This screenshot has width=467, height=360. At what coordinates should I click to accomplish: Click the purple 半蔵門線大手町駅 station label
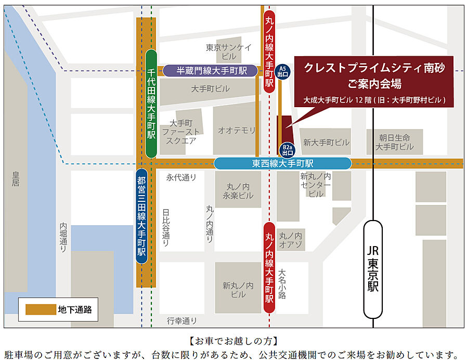point(211,71)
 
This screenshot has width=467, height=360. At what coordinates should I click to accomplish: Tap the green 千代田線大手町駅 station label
point(151,104)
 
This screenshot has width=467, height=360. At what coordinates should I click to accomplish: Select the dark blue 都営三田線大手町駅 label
point(141,215)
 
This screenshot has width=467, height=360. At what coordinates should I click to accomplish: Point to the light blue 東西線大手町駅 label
point(282,163)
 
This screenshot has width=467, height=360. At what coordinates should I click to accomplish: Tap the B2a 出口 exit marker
point(287,150)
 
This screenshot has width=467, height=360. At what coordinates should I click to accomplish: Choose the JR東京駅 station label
point(373,269)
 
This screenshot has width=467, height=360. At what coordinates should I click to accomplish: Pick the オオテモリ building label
point(237,130)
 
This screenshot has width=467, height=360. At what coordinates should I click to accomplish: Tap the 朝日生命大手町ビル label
point(395,142)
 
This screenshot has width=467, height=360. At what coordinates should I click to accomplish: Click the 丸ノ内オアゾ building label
point(291,240)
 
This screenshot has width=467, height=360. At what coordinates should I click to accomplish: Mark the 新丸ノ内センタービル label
point(315,185)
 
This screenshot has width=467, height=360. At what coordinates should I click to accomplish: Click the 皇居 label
point(16,179)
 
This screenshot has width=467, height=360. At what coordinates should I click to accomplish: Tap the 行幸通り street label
point(181,320)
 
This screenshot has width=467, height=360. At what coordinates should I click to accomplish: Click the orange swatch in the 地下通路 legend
point(40,310)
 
